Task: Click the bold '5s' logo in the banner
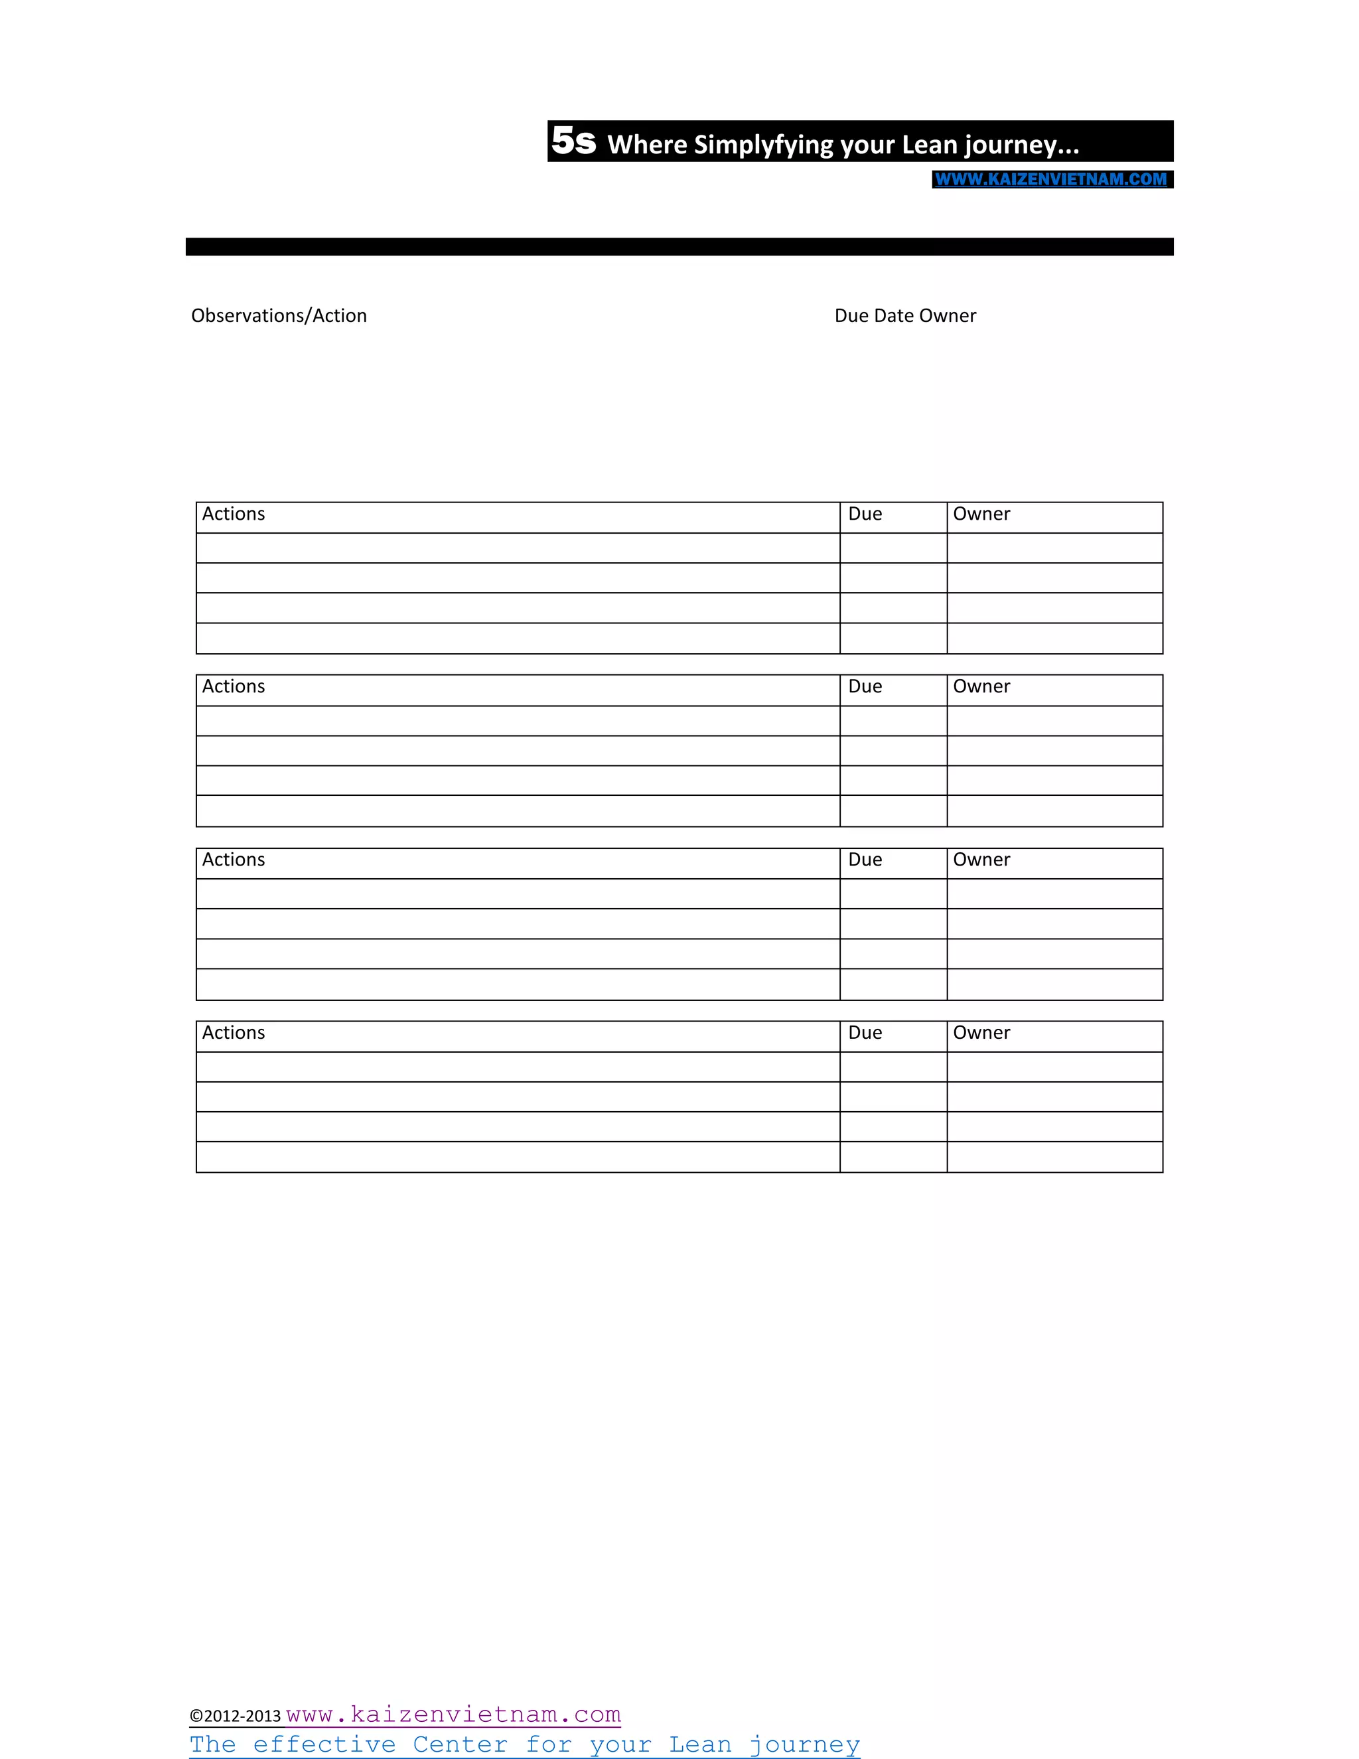click(x=573, y=142)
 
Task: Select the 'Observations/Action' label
click(x=279, y=316)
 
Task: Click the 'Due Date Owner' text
click(x=905, y=316)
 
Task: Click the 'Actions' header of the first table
click(x=234, y=514)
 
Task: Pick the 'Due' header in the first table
click(x=865, y=514)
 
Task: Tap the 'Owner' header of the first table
click(x=981, y=514)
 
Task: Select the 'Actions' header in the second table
click(x=234, y=686)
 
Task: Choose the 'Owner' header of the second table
click(x=981, y=686)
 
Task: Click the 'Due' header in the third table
click(x=865, y=860)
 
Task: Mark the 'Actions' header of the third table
click(x=234, y=860)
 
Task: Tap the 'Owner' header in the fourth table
click(x=981, y=1033)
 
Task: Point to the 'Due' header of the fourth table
click(x=865, y=1033)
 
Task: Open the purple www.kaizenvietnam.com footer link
click(x=453, y=1714)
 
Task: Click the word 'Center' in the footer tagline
click(x=460, y=1744)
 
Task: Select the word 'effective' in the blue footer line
click(x=324, y=1744)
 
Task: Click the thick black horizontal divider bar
click(x=679, y=246)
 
